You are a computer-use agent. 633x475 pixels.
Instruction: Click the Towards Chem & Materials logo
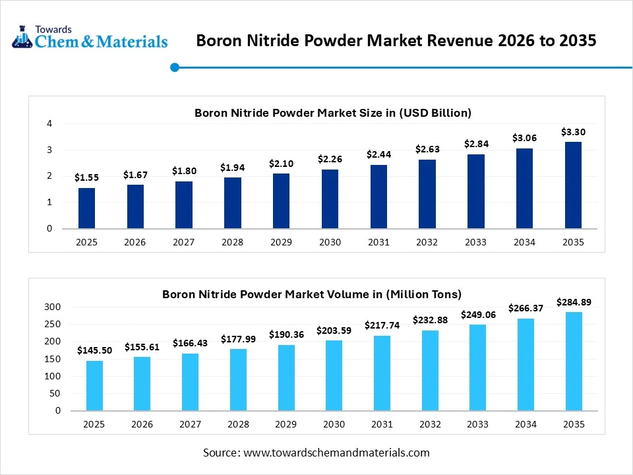point(90,38)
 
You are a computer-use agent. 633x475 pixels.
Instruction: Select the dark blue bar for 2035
point(573,185)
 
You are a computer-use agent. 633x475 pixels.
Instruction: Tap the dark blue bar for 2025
point(86,208)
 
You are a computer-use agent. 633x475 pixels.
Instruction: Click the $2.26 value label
point(330,159)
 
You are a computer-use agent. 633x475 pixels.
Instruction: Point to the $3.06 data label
point(524,138)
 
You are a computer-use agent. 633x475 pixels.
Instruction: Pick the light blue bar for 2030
point(333,375)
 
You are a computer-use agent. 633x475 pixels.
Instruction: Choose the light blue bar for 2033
point(479,367)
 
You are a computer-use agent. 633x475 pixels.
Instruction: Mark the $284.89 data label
point(573,302)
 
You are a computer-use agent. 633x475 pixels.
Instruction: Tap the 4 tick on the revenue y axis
point(49,123)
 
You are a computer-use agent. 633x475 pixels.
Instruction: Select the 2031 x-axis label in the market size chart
point(378,242)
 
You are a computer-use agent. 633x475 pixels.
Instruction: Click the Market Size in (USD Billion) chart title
point(332,113)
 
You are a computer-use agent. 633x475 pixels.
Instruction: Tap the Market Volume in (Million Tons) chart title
point(311,294)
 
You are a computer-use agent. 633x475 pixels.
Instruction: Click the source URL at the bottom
point(336,453)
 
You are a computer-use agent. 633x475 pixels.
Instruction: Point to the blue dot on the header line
point(175,67)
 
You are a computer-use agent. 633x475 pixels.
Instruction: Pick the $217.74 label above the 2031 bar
point(381,325)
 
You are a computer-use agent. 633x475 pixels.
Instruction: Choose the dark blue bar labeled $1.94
point(232,203)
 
